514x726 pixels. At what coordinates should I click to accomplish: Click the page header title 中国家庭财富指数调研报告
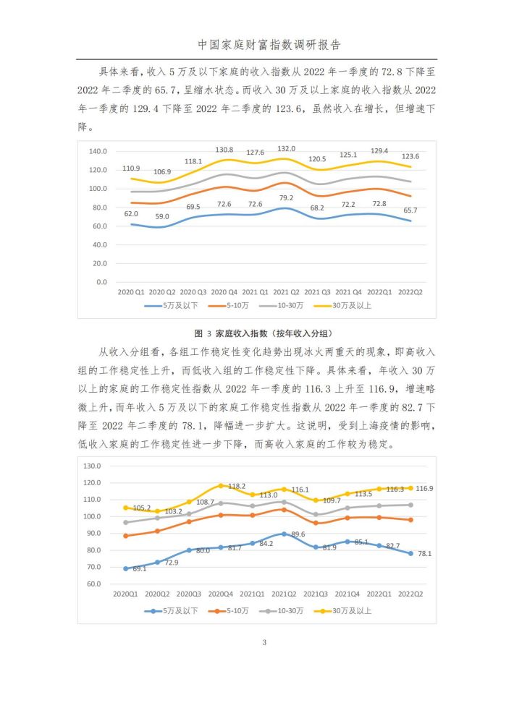tap(269, 44)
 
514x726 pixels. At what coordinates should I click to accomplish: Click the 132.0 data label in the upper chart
tap(286, 149)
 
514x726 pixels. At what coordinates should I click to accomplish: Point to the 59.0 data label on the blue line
tap(161, 216)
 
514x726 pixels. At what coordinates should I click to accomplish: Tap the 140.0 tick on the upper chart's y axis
tap(98, 151)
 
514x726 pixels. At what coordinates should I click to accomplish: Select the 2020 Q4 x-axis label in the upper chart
tap(224, 292)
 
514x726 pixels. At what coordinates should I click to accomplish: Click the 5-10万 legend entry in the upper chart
tap(229, 306)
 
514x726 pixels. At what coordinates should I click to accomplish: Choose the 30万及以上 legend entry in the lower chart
tap(343, 611)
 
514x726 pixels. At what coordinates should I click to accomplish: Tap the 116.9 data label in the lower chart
tap(424, 489)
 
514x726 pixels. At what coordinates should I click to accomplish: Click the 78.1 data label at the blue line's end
tap(424, 553)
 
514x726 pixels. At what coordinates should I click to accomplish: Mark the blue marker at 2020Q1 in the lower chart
tap(125, 568)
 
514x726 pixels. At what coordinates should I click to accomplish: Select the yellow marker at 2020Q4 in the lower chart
tap(221, 486)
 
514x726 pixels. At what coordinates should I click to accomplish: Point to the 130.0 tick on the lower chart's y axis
tap(92, 466)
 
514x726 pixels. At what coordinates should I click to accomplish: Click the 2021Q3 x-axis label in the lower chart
tap(315, 594)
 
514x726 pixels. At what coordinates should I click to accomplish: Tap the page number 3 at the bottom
tap(264, 642)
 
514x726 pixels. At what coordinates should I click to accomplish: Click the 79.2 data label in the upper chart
tap(286, 197)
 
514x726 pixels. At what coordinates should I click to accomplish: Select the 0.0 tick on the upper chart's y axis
tap(101, 282)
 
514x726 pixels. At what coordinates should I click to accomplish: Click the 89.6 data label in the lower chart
tap(298, 534)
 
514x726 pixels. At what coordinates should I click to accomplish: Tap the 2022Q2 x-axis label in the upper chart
tap(410, 292)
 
